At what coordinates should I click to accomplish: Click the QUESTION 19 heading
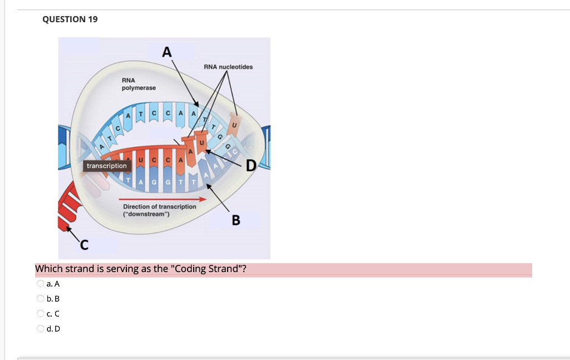(x=70, y=19)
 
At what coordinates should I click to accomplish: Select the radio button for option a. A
(x=41, y=283)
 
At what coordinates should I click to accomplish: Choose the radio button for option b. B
(x=41, y=298)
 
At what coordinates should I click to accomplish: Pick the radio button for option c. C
(x=41, y=313)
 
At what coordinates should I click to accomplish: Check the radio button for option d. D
(x=41, y=328)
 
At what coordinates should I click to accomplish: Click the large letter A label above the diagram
(x=166, y=52)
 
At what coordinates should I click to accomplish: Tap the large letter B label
(x=236, y=220)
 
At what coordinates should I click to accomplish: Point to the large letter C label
(x=83, y=244)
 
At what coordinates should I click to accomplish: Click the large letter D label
(x=251, y=165)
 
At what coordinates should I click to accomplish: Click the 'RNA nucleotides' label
(x=228, y=67)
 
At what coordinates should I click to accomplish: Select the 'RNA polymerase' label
(x=139, y=84)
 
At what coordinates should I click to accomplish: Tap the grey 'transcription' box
(x=106, y=166)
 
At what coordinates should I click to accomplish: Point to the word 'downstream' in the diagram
(x=146, y=214)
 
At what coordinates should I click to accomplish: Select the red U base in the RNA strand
(x=141, y=161)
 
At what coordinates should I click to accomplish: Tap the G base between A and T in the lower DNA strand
(x=153, y=183)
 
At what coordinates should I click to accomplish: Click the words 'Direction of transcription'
(x=159, y=206)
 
